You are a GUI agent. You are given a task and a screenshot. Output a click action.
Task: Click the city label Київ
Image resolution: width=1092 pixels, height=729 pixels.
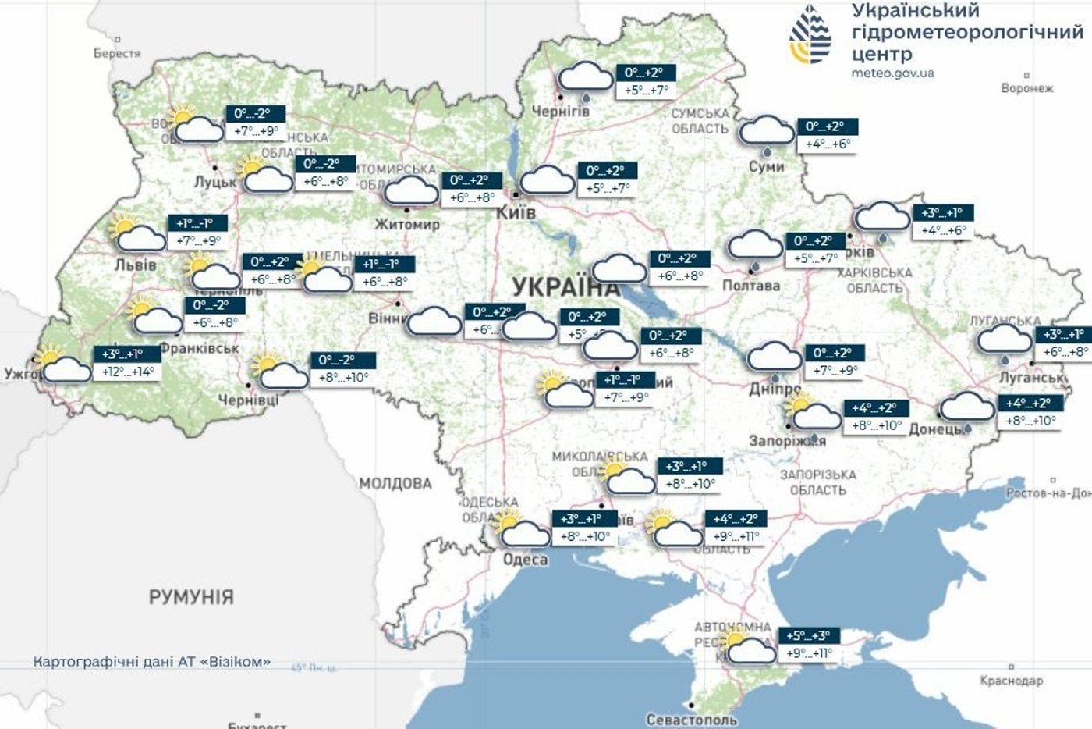(x=516, y=212)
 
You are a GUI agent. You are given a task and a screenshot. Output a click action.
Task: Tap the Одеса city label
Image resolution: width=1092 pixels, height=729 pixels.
(x=525, y=559)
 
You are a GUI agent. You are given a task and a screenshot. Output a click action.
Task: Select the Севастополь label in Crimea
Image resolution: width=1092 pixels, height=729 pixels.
(x=691, y=719)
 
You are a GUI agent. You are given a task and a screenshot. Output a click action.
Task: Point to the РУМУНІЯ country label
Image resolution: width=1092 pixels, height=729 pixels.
(x=191, y=597)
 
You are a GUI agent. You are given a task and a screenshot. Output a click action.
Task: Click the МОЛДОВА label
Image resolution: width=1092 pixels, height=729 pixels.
(x=395, y=483)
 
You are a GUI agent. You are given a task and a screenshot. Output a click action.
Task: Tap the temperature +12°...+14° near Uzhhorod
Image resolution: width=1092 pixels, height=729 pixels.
(x=129, y=372)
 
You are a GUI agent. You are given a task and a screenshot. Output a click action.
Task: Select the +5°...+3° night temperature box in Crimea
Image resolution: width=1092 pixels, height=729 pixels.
(x=808, y=635)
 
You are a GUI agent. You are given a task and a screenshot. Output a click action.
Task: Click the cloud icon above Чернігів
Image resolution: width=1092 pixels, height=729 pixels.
(x=587, y=78)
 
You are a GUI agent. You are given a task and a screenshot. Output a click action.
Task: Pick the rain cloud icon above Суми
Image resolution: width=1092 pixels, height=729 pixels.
(x=767, y=132)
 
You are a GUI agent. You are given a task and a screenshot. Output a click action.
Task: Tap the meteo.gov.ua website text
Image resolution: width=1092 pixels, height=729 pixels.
(x=892, y=73)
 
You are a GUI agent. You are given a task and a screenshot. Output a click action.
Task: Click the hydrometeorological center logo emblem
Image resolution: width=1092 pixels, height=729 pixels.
(x=811, y=35)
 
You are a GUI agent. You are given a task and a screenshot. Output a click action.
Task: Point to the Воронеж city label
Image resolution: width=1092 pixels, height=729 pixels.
(x=1026, y=88)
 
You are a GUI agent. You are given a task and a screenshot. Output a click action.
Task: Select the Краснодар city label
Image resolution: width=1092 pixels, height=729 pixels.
(x=1011, y=681)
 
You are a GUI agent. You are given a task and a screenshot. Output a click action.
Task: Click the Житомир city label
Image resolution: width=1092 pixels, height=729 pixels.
(x=407, y=224)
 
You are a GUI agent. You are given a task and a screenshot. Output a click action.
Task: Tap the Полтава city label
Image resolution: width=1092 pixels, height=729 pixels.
(x=750, y=286)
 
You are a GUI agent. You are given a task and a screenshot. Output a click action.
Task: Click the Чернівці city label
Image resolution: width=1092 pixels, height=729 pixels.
(x=248, y=400)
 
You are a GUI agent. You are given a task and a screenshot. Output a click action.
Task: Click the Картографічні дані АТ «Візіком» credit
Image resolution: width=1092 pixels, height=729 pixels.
(x=151, y=662)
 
